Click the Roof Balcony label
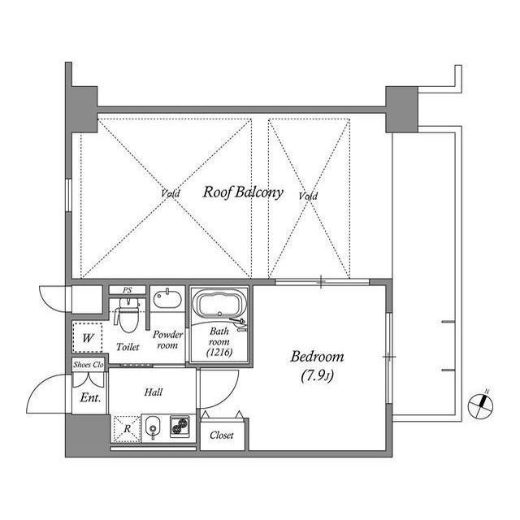[242, 193]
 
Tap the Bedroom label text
[317, 357]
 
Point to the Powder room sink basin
[167, 300]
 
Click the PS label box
[128, 290]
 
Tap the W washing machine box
[87, 336]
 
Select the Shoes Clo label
[88, 365]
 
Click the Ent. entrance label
[89, 398]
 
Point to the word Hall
[154, 392]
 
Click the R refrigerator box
[126, 427]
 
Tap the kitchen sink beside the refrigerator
[153, 427]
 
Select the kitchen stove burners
[180, 427]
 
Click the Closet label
[222, 435]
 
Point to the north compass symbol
[481, 405]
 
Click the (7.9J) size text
[317, 375]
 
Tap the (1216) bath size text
[219, 353]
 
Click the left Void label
[171, 194]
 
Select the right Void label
[308, 197]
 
